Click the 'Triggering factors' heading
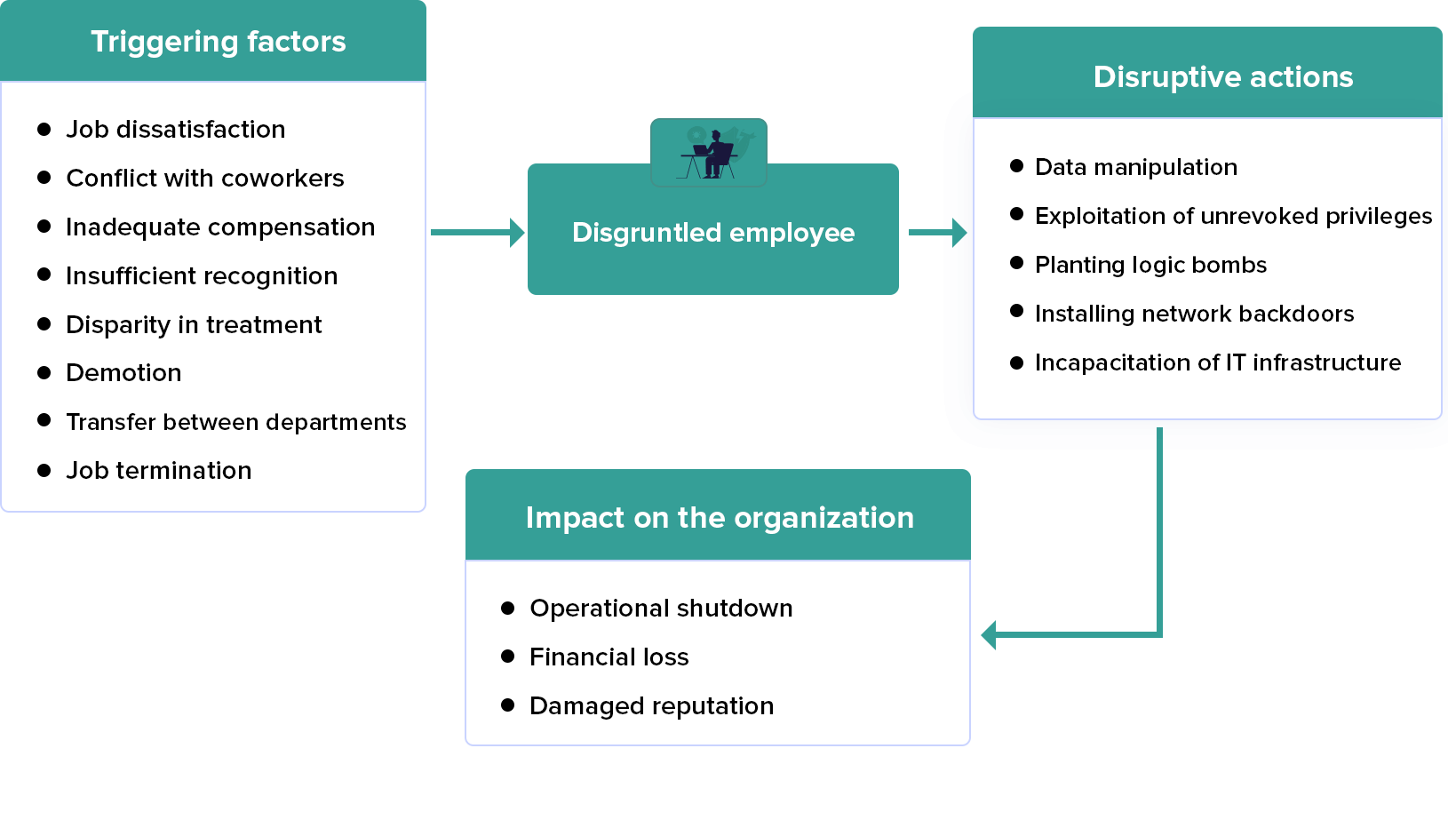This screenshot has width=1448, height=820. [218, 42]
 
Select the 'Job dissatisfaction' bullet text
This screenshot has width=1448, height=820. [175, 130]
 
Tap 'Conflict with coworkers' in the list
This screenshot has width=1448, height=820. [204, 179]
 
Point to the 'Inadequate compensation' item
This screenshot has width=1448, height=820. [219, 227]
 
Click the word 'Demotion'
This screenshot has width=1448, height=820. [123, 373]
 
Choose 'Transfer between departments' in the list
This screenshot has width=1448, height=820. [235, 422]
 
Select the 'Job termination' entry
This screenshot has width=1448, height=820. [158, 471]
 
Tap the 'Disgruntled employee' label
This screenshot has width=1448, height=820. [712, 233]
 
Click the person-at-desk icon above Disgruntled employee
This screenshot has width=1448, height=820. [709, 153]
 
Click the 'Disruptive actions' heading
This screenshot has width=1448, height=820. [1222, 77]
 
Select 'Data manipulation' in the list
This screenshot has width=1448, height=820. [1135, 167]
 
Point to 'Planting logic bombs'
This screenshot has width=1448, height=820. [1150, 265]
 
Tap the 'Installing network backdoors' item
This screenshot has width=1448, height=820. [1194, 314]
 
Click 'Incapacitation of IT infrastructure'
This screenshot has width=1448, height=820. [1217, 362]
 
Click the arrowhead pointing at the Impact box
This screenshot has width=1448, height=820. [989, 635]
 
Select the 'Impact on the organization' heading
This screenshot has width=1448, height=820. [719, 518]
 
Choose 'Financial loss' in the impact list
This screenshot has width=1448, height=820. [609, 657]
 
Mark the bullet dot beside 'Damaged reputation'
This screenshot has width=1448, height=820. [508, 705]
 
